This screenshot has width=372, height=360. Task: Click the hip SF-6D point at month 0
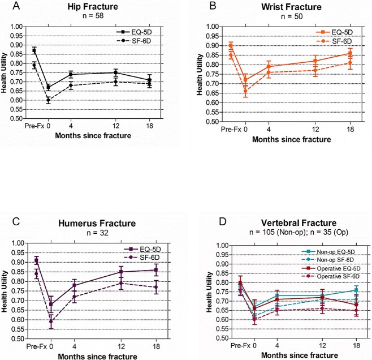[x=48, y=100]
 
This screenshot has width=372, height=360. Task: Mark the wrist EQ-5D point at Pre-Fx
[x=231, y=45]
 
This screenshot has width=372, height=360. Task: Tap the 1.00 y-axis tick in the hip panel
[x=21, y=27]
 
